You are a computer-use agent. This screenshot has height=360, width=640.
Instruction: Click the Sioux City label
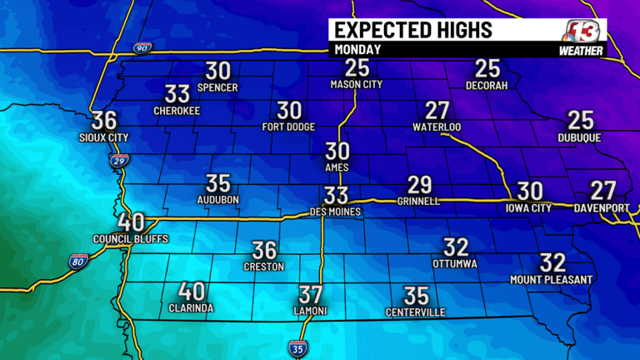coord(104,137)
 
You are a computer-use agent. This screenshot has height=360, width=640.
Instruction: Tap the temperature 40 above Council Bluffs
coord(132,222)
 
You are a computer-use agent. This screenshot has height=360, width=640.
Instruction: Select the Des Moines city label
coord(336,212)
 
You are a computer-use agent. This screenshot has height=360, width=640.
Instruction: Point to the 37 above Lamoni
coord(310,294)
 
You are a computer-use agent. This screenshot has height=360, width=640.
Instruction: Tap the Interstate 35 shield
coord(297,347)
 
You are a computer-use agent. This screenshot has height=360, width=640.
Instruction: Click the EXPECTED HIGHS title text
coord(412,30)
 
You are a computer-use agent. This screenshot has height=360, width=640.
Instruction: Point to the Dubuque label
coord(579,137)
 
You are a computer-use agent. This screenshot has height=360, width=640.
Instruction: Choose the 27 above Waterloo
coord(437,111)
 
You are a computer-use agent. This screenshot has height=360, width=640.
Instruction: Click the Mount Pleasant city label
coord(552,280)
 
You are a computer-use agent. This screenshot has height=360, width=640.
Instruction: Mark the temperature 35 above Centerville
coord(416,295)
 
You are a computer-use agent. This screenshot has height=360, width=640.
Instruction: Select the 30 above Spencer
coord(218,71)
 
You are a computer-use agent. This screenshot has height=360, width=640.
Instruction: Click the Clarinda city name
coord(191,308)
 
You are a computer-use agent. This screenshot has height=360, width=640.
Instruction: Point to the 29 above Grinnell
coord(419,185)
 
